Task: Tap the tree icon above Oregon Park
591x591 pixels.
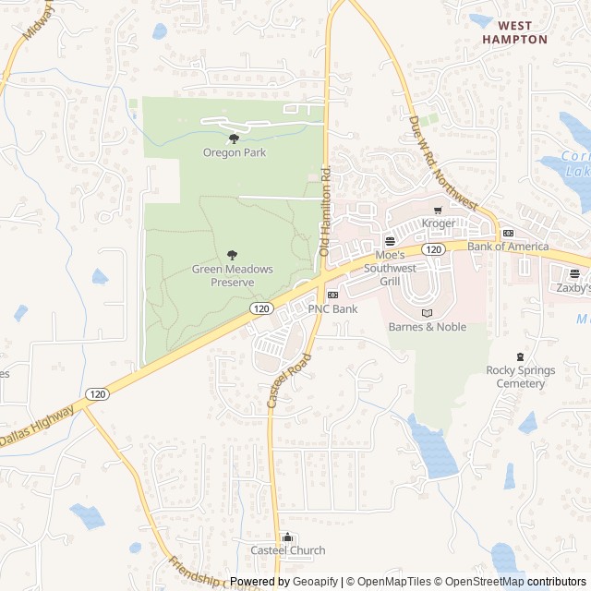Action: click(234, 139)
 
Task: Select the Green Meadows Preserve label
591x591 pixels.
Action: click(232, 275)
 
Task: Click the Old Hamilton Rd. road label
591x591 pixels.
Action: click(324, 211)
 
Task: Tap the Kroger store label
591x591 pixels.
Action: click(439, 223)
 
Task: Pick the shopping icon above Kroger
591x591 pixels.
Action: click(438, 211)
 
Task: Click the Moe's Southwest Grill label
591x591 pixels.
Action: click(396, 261)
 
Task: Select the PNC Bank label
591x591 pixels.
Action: click(332, 309)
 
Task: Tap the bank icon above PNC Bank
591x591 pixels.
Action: click(332, 295)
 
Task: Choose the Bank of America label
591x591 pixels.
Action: click(508, 247)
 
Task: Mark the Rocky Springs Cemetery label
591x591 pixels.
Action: click(521, 377)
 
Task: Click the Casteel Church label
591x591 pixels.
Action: click(288, 550)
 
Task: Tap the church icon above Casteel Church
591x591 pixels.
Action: click(288, 537)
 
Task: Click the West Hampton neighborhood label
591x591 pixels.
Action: click(514, 32)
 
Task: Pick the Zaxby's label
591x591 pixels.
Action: click(573, 288)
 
